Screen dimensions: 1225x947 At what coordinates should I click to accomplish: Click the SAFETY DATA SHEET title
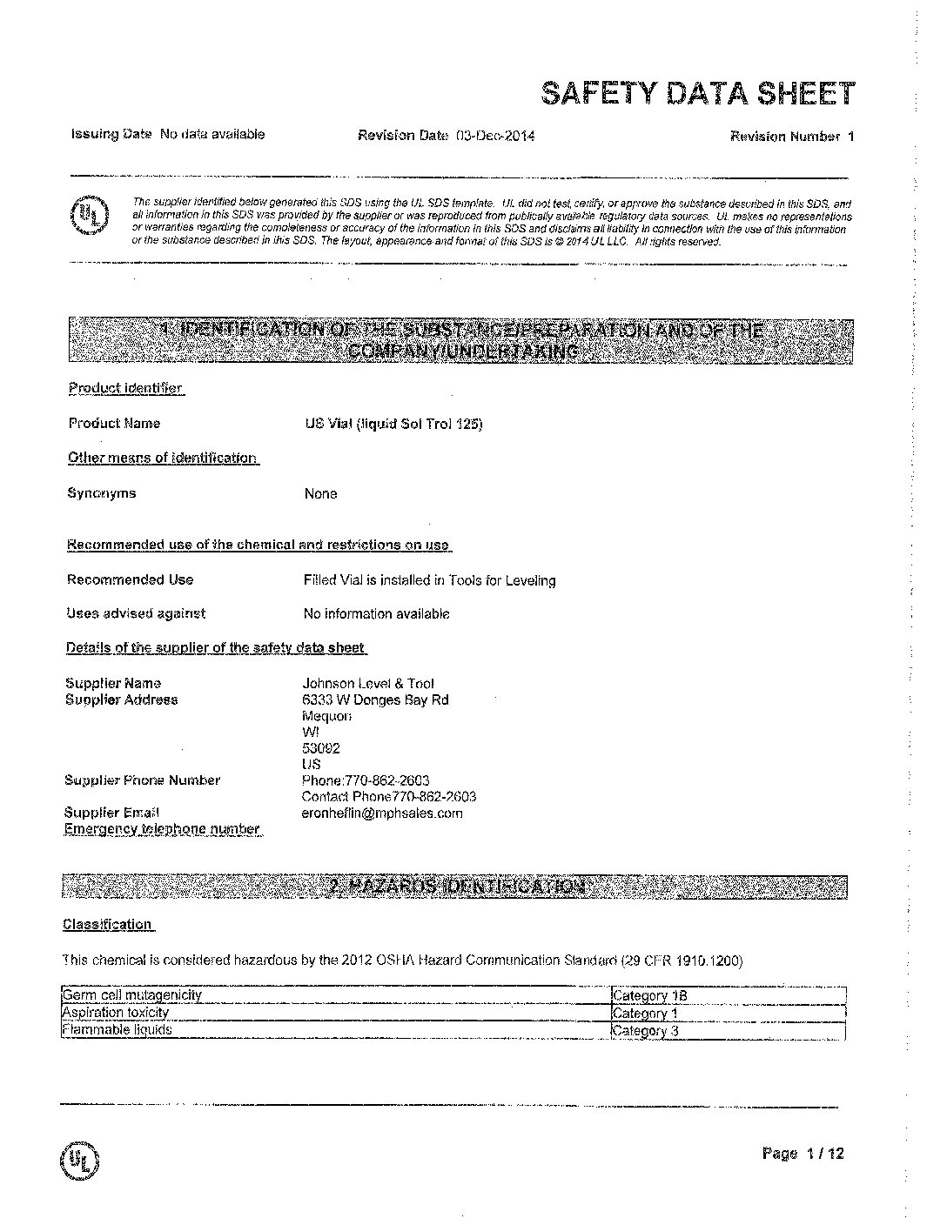pos(698,94)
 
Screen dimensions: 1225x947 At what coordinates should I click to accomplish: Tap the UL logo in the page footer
pos(80,1160)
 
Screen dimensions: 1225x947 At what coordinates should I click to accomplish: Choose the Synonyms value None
pos(320,494)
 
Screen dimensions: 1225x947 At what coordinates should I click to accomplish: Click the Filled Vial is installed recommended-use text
pos(429,580)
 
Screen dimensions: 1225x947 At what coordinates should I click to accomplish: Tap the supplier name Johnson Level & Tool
pos(367,684)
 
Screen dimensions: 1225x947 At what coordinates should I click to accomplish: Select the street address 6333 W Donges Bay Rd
pos(375,700)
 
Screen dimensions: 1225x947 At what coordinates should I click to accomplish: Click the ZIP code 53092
pos(320,748)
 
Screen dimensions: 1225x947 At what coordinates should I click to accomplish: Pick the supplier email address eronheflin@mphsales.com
pos(382,813)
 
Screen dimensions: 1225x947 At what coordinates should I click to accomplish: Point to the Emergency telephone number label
pos(162,829)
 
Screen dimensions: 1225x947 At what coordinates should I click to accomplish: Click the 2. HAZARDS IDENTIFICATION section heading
pos(455,887)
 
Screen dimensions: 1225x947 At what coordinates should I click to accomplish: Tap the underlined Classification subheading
pos(107,925)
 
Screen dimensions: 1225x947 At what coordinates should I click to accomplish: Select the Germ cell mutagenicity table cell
pos(132,995)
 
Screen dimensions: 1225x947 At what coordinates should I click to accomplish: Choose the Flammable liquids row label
pos(118,1030)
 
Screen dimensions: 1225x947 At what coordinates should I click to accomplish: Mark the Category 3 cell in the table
pos(645,1031)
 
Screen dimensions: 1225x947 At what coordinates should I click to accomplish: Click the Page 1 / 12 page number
pos(803,1154)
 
